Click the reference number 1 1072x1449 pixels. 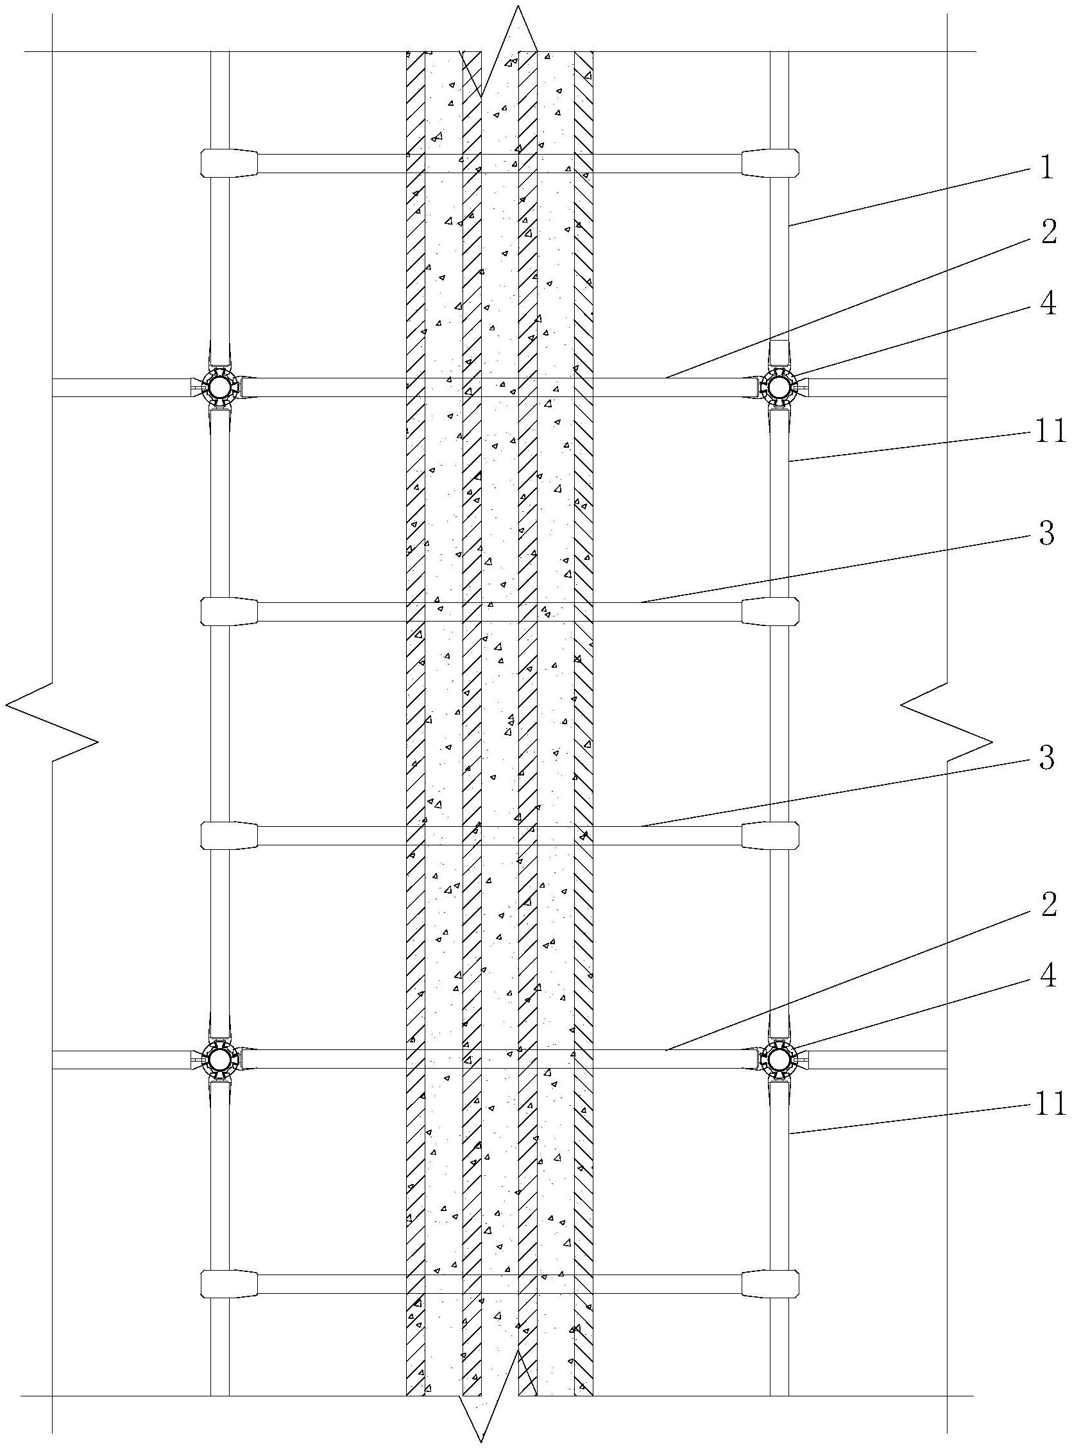1045,169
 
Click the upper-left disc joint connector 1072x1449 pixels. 219,387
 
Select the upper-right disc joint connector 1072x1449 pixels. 779,387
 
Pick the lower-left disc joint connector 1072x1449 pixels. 219,1060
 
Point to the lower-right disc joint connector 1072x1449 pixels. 779,1060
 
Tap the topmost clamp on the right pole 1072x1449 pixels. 770,164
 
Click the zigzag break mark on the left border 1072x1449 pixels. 52,722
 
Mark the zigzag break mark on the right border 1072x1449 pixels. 947,722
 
